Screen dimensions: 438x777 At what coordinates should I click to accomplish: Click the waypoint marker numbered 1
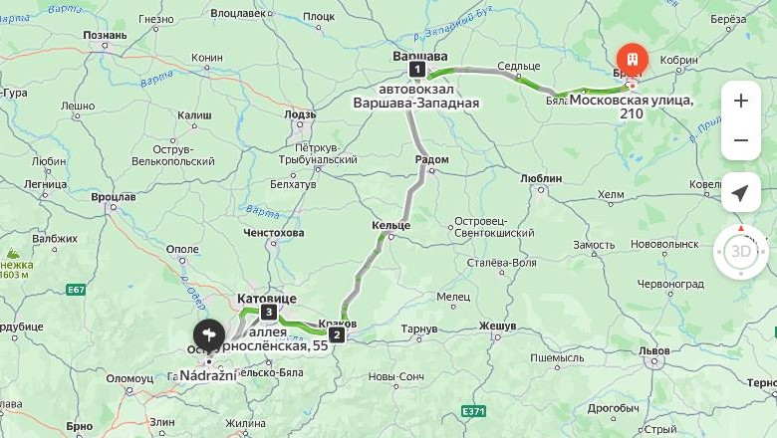pos(416,70)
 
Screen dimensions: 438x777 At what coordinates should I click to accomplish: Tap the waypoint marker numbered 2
pos(337,334)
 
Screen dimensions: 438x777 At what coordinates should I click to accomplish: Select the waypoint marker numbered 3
pos(269,313)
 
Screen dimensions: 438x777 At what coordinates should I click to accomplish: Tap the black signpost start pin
pos(208,334)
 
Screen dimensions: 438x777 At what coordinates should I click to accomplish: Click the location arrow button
pos(740,192)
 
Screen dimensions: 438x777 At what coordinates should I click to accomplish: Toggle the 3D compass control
pos(740,251)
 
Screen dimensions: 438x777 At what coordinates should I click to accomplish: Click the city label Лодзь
pos(300,115)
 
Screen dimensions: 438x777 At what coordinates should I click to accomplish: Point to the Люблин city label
pos(541,178)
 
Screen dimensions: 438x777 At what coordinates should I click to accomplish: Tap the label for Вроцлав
pos(113,197)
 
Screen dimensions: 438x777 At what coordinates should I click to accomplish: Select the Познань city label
pos(105,36)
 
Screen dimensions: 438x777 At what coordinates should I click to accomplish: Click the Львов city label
pos(654,350)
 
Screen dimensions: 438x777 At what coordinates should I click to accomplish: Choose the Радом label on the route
pos(430,159)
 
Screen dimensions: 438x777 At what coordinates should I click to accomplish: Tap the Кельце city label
pos(390,226)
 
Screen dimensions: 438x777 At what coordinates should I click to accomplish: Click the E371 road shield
pos(473,411)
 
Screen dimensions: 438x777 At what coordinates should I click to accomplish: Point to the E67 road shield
pos(76,290)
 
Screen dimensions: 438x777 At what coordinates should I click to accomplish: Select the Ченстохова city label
pos(273,233)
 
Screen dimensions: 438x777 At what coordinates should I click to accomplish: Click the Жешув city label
pos(497,326)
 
